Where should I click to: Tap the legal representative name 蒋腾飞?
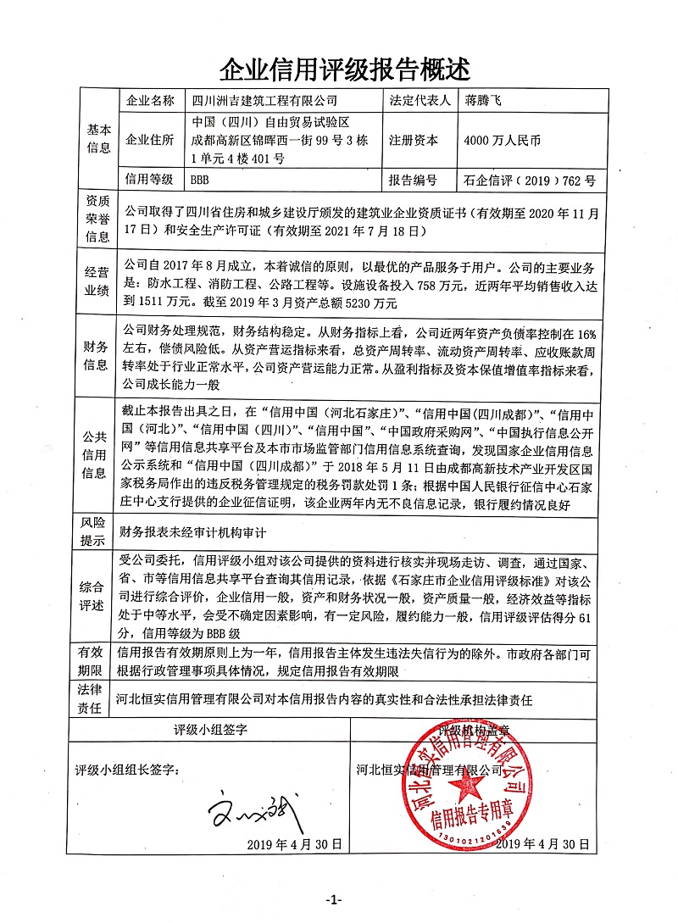click(x=484, y=101)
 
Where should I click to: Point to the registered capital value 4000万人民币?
click(x=503, y=141)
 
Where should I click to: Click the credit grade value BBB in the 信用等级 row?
click(x=200, y=180)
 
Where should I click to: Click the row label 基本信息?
click(x=98, y=140)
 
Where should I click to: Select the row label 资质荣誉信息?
click(x=98, y=219)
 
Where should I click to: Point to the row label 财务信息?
click(x=98, y=357)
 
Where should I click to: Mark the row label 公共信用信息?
click(x=98, y=455)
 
